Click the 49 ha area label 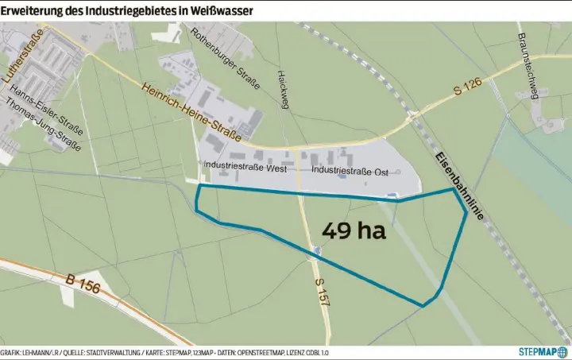[354, 231]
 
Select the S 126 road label [467, 89]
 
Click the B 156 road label [83, 284]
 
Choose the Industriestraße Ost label [350, 170]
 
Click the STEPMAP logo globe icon [562, 351]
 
